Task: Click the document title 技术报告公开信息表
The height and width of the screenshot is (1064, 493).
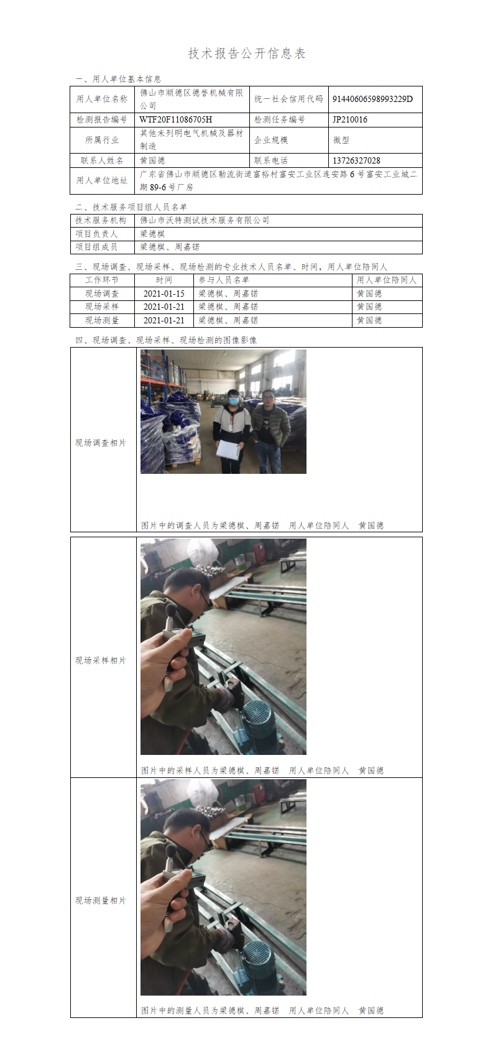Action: coord(246,53)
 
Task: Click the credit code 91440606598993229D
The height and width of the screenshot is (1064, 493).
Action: coord(372,99)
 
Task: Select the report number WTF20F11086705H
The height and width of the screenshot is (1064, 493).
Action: coord(176,119)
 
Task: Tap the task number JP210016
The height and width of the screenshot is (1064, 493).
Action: coord(349,119)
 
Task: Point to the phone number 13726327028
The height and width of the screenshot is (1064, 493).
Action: coord(356,160)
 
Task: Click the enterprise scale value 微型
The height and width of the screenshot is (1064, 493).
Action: coord(341,140)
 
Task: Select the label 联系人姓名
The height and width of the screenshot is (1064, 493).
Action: coord(102,160)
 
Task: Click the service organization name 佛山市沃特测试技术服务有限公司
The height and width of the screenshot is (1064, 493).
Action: coord(205,220)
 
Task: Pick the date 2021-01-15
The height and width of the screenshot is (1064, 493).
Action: coord(164,294)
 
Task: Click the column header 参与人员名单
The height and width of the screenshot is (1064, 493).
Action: coord(224,280)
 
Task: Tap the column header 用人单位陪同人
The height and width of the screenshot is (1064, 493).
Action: coord(387,280)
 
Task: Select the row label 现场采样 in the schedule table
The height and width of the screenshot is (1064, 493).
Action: coord(102,307)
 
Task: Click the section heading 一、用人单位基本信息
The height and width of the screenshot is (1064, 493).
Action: coord(118,79)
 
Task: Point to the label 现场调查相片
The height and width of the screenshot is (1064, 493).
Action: coord(101,443)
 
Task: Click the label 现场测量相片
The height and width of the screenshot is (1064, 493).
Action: coord(101,900)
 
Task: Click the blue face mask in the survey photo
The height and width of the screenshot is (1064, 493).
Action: coord(233,401)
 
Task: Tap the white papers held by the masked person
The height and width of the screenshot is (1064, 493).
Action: coord(228,449)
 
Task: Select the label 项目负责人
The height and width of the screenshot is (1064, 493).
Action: coord(96,234)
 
